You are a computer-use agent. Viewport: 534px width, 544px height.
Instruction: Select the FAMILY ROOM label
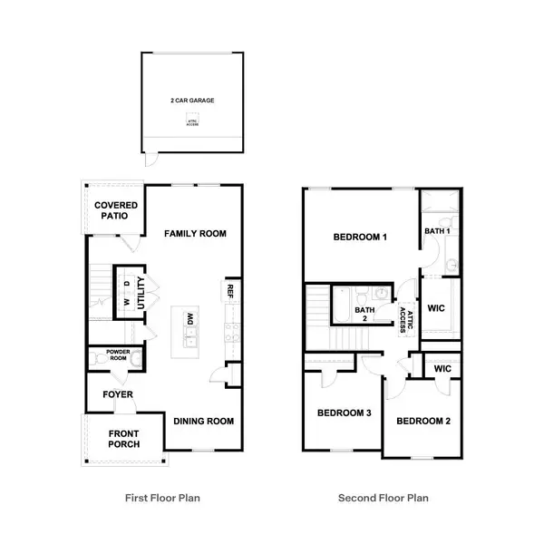click(x=195, y=234)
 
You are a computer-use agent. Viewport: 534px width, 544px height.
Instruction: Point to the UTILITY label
click(x=142, y=296)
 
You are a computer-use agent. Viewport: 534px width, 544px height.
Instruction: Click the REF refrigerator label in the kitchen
click(x=232, y=292)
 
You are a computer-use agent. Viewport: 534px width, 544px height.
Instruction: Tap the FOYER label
click(x=119, y=394)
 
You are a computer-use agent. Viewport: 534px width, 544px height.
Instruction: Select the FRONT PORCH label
click(x=119, y=440)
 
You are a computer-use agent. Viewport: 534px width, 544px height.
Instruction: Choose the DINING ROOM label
click(x=204, y=421)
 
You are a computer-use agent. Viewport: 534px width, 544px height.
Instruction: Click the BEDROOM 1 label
click(x=361, y=238)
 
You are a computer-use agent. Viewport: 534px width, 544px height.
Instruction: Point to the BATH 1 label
click(x=437, y=232)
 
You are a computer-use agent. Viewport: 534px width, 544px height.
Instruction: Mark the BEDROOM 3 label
click(x=344, y=414)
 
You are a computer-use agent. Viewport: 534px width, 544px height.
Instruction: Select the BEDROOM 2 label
click(x=423, y=421)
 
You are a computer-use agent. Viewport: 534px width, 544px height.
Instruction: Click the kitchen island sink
click(x=191, y=341)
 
